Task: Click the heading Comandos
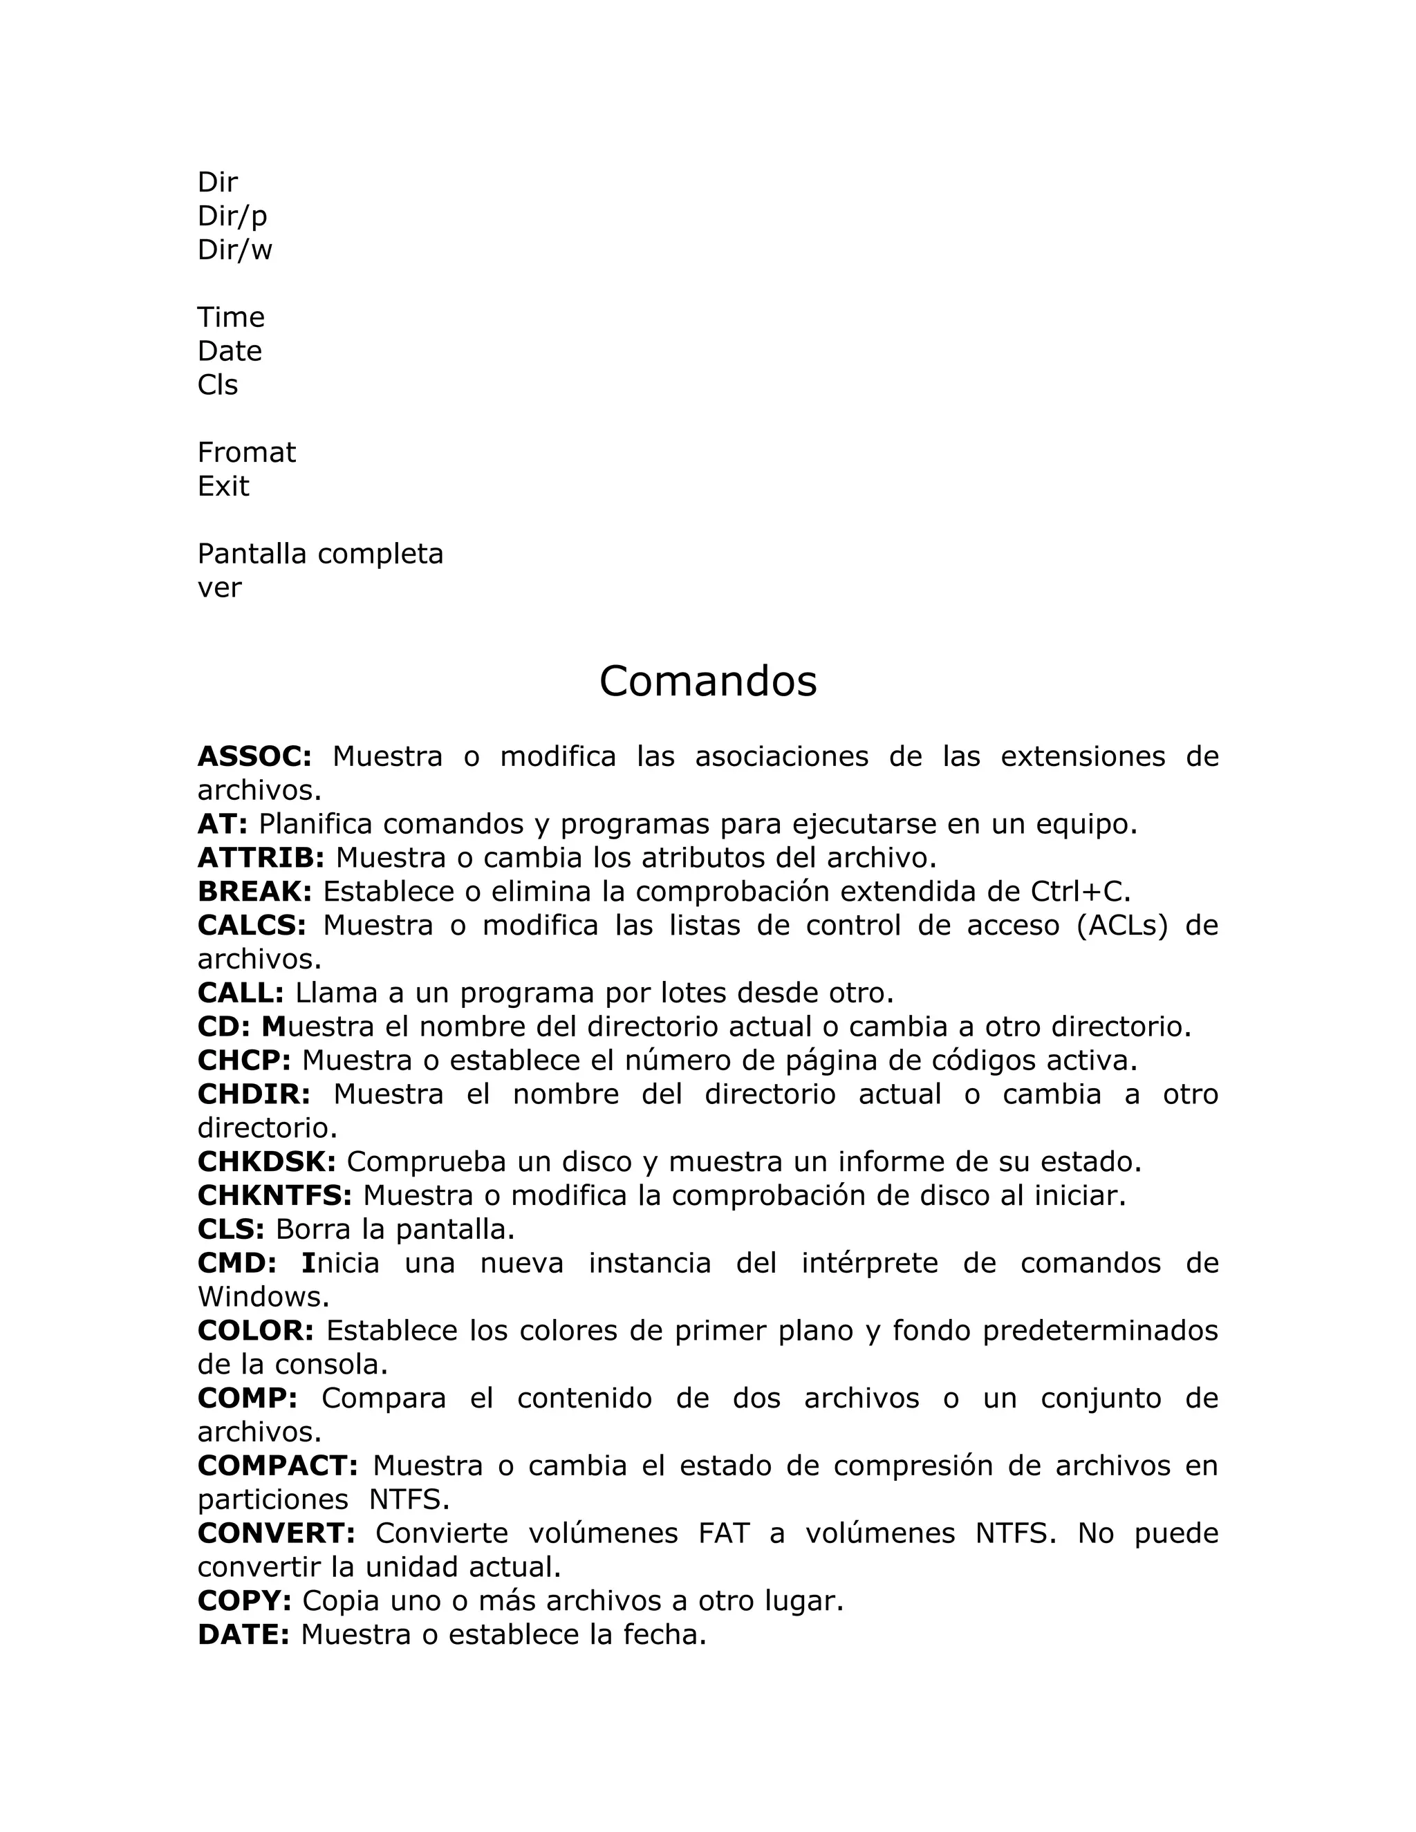point(707,680)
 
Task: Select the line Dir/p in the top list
point(232,216)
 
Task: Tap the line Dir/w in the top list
point(235,250)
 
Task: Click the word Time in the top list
point(231,317)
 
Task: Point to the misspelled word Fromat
point(247,453)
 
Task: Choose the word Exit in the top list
point(223,487)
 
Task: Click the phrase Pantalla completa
point(320,554)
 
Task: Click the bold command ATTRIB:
point(261,858)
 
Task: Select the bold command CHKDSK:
point(267,1162)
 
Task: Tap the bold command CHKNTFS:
point(275,1195)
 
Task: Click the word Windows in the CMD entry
point(263,1297)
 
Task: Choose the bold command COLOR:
point(256,1330)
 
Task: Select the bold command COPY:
point(244,1600)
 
